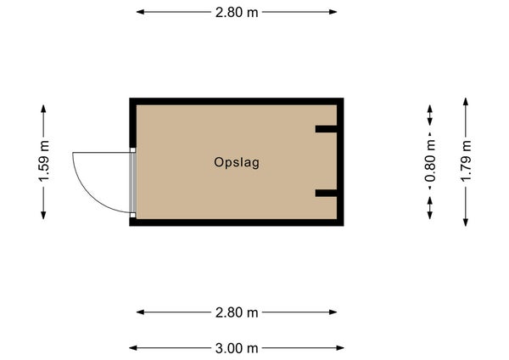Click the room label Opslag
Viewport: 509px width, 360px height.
[x=237, y=162]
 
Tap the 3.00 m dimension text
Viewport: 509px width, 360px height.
[x=237, y=348]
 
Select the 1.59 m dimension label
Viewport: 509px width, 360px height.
[x=43, y=161]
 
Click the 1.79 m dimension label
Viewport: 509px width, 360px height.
[x=466, y=161]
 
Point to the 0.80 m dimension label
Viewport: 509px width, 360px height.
[x=430, y=161]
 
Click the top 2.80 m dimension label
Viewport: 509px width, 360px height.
[x=237, y=13]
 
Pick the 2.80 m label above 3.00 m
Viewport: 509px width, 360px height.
[x=237, y=312]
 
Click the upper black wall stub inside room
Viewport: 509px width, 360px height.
[x=327, y=129]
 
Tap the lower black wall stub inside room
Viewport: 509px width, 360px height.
[x=327, y=193]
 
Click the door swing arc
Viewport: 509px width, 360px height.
[x=89, y=194]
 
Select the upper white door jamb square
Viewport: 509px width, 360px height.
[x=133, y=150]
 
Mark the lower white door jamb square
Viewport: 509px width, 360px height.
[x=133, y=215]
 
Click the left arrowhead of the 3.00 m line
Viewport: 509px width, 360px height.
[x=133, y=348]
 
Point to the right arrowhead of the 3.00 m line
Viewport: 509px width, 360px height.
[x=340, y=348]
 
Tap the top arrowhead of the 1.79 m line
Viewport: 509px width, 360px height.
[x=466, y=101]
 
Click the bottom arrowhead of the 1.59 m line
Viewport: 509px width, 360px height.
[x=43, y=216]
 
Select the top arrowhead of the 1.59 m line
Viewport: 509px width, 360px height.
[x=43, y=109]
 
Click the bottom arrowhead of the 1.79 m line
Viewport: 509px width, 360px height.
[x=466, y=222]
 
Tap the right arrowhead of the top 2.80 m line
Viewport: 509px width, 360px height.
[x=333, y=12]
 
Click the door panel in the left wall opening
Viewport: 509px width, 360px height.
[x=132, y=183]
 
